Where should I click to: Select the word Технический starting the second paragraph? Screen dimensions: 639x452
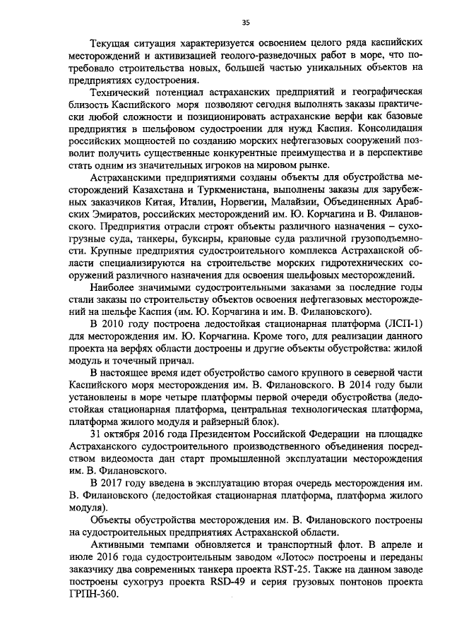123,92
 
